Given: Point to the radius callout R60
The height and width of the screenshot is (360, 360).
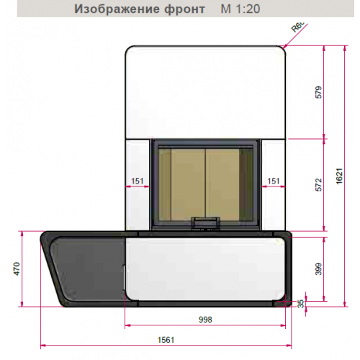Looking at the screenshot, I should [296, 30].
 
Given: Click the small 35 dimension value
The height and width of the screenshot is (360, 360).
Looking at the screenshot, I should [302, 304].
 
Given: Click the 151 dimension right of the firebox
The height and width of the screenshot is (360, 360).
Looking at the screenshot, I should [274, 181].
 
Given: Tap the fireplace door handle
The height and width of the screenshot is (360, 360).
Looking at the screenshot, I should [206, 220].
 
